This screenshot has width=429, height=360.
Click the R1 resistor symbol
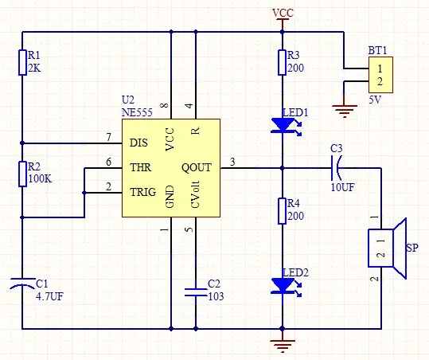[22, 62]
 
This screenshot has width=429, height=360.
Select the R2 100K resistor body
[22, 174]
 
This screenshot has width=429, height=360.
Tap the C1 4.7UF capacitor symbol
[22, 284]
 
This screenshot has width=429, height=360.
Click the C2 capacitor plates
[196, 292]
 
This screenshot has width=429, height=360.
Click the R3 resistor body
[283, 62]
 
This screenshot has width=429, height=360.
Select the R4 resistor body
[283, 211]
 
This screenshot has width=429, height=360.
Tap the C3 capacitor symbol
[336, 168]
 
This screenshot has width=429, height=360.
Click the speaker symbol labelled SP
[387, 248]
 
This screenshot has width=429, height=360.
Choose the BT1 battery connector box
[380, 75]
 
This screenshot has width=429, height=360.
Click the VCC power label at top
[283, 13]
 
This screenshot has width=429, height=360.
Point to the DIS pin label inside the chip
[138, 143]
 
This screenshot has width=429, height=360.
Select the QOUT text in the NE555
[197, 167]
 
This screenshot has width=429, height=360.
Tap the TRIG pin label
[142, 192]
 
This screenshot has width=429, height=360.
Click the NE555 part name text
[137, 112]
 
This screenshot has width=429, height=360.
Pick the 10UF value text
[342, 187]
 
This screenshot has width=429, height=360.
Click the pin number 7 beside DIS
[109, 137]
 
